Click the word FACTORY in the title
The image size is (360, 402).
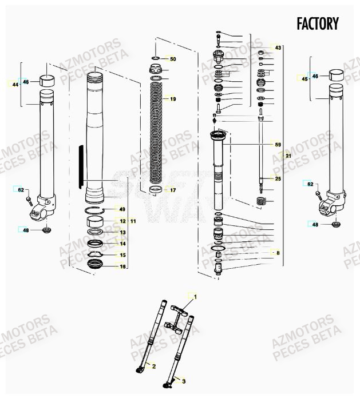[x=318, y=24]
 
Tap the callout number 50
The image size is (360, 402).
[x=172, y=59]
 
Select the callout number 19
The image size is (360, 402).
[x=172, y=99]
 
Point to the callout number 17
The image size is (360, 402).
[x=172, y=189]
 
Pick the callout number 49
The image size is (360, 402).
[x=122, y=209]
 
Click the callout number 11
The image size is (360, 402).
[x=133, y=221]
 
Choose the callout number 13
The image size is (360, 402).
[x=122, y=232]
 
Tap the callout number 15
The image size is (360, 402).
[x=122, y=255]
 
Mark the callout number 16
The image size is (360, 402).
[x=122, y=266]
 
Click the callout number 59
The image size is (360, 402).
[x=278, y=145]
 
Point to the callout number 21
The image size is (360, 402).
[x=288, y=156]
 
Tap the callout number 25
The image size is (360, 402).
[x=278, y=179]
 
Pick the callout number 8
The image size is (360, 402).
[x=278, y=252]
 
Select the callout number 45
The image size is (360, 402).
[x=304, y=79]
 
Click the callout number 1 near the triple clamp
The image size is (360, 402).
[x=195, y=297]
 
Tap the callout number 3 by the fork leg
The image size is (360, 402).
[x=183, y=379]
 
